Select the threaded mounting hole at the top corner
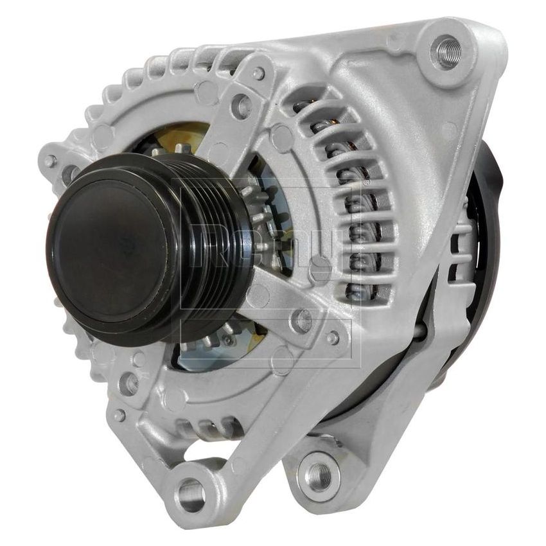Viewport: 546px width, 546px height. [448, 49]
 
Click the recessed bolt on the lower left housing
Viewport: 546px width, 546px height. [129, 383]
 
